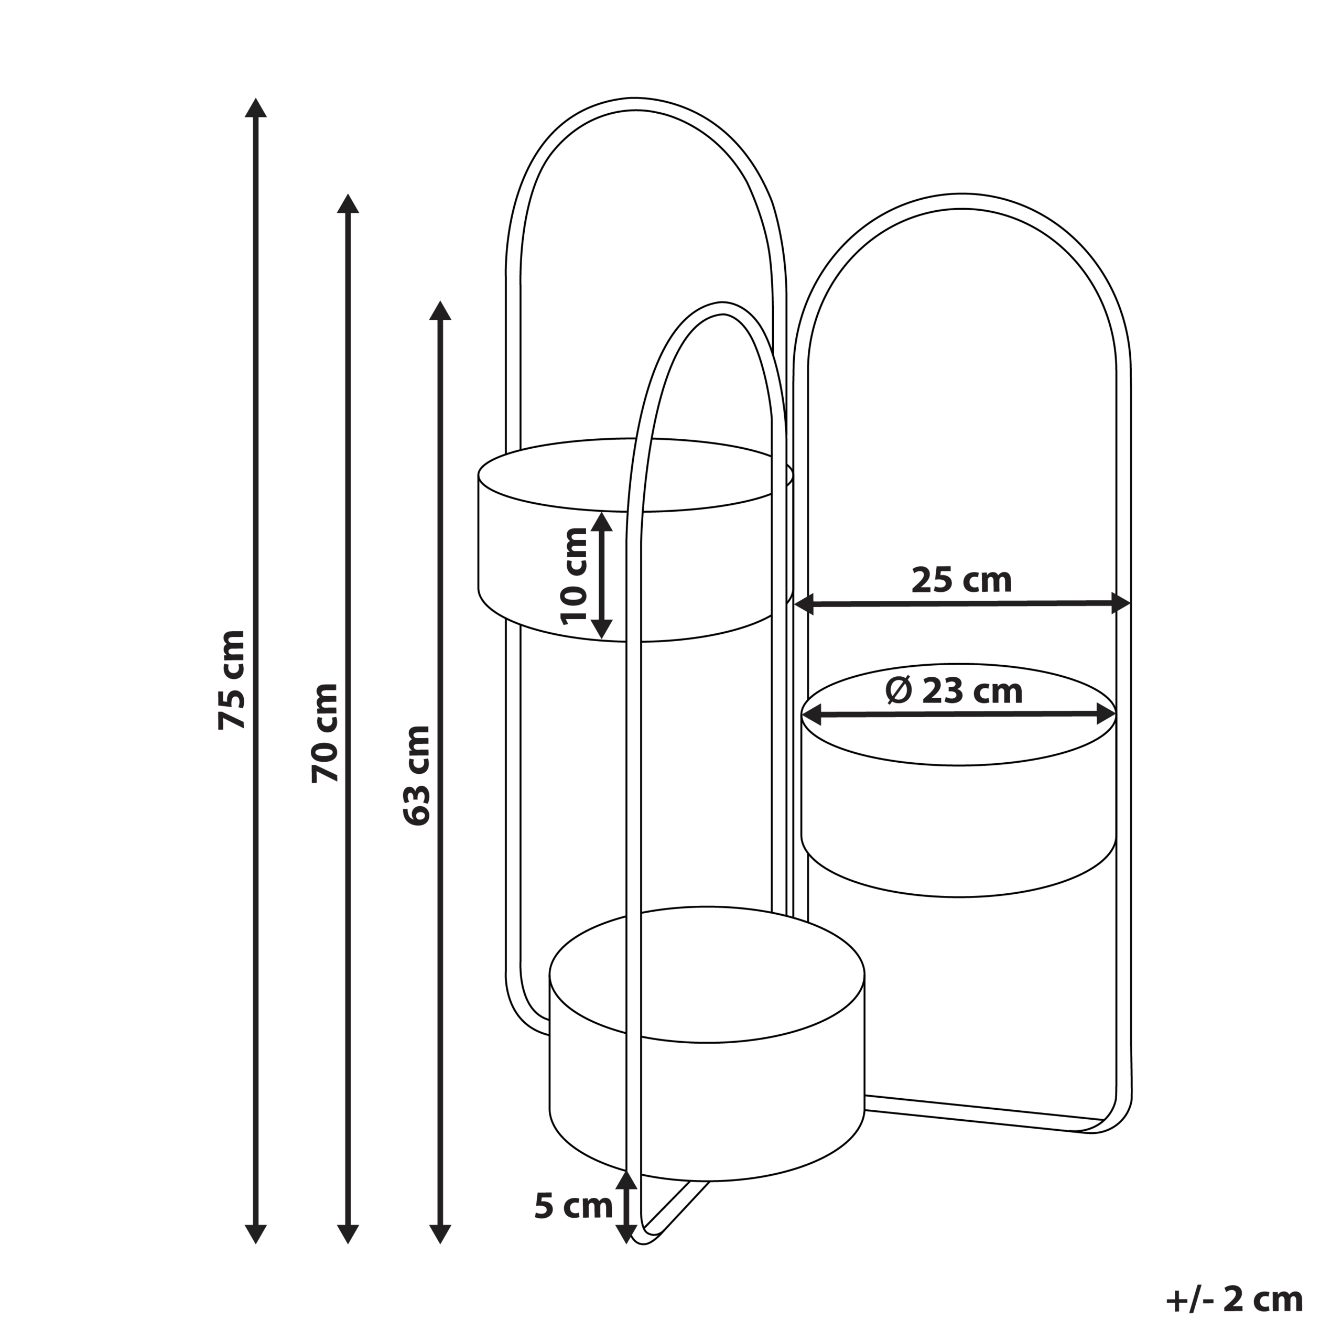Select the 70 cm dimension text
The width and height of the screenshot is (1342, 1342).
point(325,733)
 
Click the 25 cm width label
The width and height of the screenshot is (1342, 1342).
point(961,580)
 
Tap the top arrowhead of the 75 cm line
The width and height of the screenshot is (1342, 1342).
point(256,107)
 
